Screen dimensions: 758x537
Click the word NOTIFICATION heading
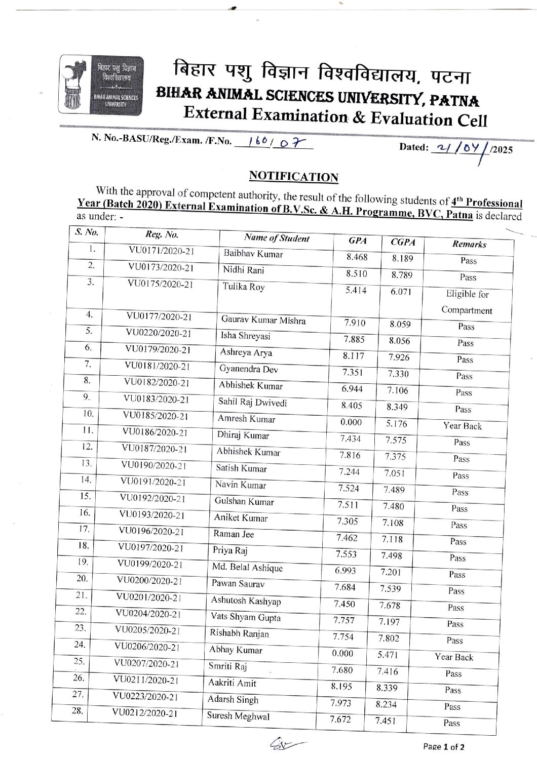(x=293, y=176)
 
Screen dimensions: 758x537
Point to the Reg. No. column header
(x=162, y=235)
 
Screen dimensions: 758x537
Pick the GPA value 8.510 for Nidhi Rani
(x=357, y=274)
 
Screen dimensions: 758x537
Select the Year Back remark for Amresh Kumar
(x=463, y=426)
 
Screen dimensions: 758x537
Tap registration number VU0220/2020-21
(x=159, y=333)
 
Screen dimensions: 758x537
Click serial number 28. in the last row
(x=77, y=710)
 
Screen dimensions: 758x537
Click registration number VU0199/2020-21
(x=150, y=564)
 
